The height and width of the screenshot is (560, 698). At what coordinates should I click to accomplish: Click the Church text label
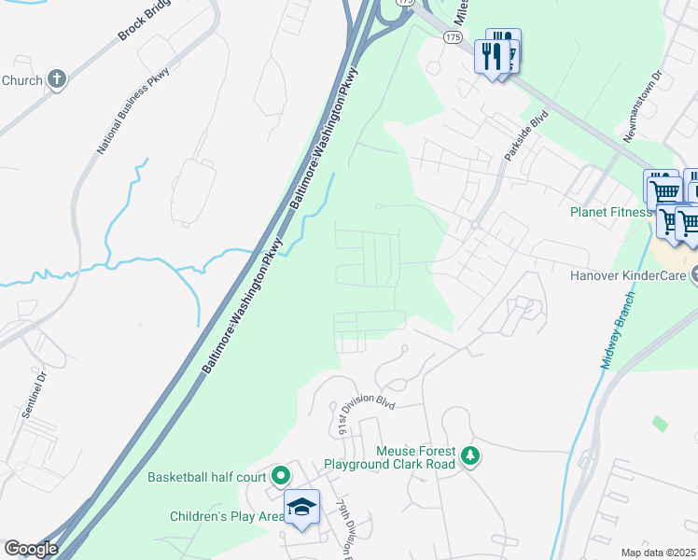[21, 80]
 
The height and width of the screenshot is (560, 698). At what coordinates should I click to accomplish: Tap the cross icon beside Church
[57, 79]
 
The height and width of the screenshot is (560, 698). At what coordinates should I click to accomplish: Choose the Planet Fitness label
[610, 212]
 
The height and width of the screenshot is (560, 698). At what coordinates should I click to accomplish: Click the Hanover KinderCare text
[629, 275]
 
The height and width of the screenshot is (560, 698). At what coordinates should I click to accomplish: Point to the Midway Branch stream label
[616, 329]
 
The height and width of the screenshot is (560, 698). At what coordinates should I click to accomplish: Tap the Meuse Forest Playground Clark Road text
[389, 456]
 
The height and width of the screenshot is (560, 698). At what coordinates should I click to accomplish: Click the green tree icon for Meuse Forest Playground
[472, 456]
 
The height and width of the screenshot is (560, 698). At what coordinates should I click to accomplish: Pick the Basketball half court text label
[207, 477]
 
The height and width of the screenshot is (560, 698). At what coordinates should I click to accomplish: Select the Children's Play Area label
[227, 516]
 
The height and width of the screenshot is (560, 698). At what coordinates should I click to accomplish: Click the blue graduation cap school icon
[301, 507]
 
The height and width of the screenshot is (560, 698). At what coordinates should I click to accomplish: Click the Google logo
[31, 548]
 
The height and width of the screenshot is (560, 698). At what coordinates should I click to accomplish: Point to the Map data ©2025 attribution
[658, 553]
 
